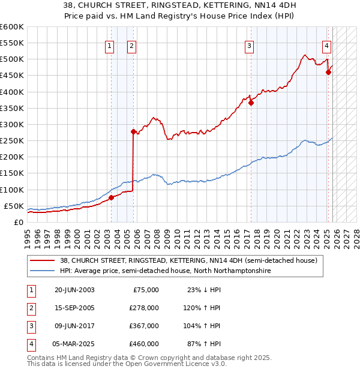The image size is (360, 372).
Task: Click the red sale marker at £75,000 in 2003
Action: tap(111, 197)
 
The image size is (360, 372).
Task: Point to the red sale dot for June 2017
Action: tap(251, 103)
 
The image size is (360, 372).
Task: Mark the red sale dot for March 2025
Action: tap(328, 72)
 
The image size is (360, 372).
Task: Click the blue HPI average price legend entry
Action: tap(165, 271)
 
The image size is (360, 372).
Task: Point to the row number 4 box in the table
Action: tap(30, 344)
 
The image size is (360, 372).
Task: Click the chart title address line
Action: tap(180, 6)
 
